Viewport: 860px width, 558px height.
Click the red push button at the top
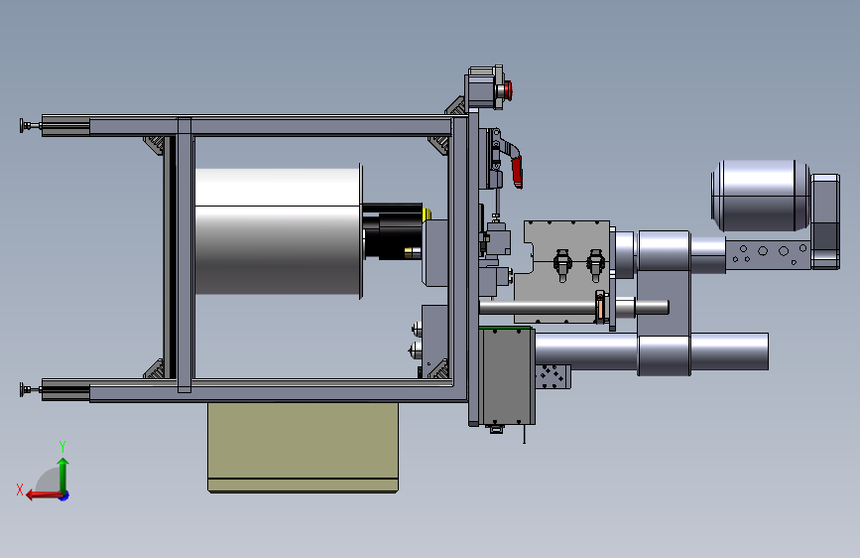508,90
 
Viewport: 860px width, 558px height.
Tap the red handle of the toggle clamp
517,170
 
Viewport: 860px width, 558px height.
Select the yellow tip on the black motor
427,213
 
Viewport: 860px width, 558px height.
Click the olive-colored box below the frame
303,447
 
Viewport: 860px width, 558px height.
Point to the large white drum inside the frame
278,231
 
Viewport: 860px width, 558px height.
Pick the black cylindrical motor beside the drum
393,231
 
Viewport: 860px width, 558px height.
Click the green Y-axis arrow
63,476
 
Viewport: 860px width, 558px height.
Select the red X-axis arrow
45,495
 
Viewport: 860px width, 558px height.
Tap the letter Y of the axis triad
62,447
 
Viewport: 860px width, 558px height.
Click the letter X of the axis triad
20,489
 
